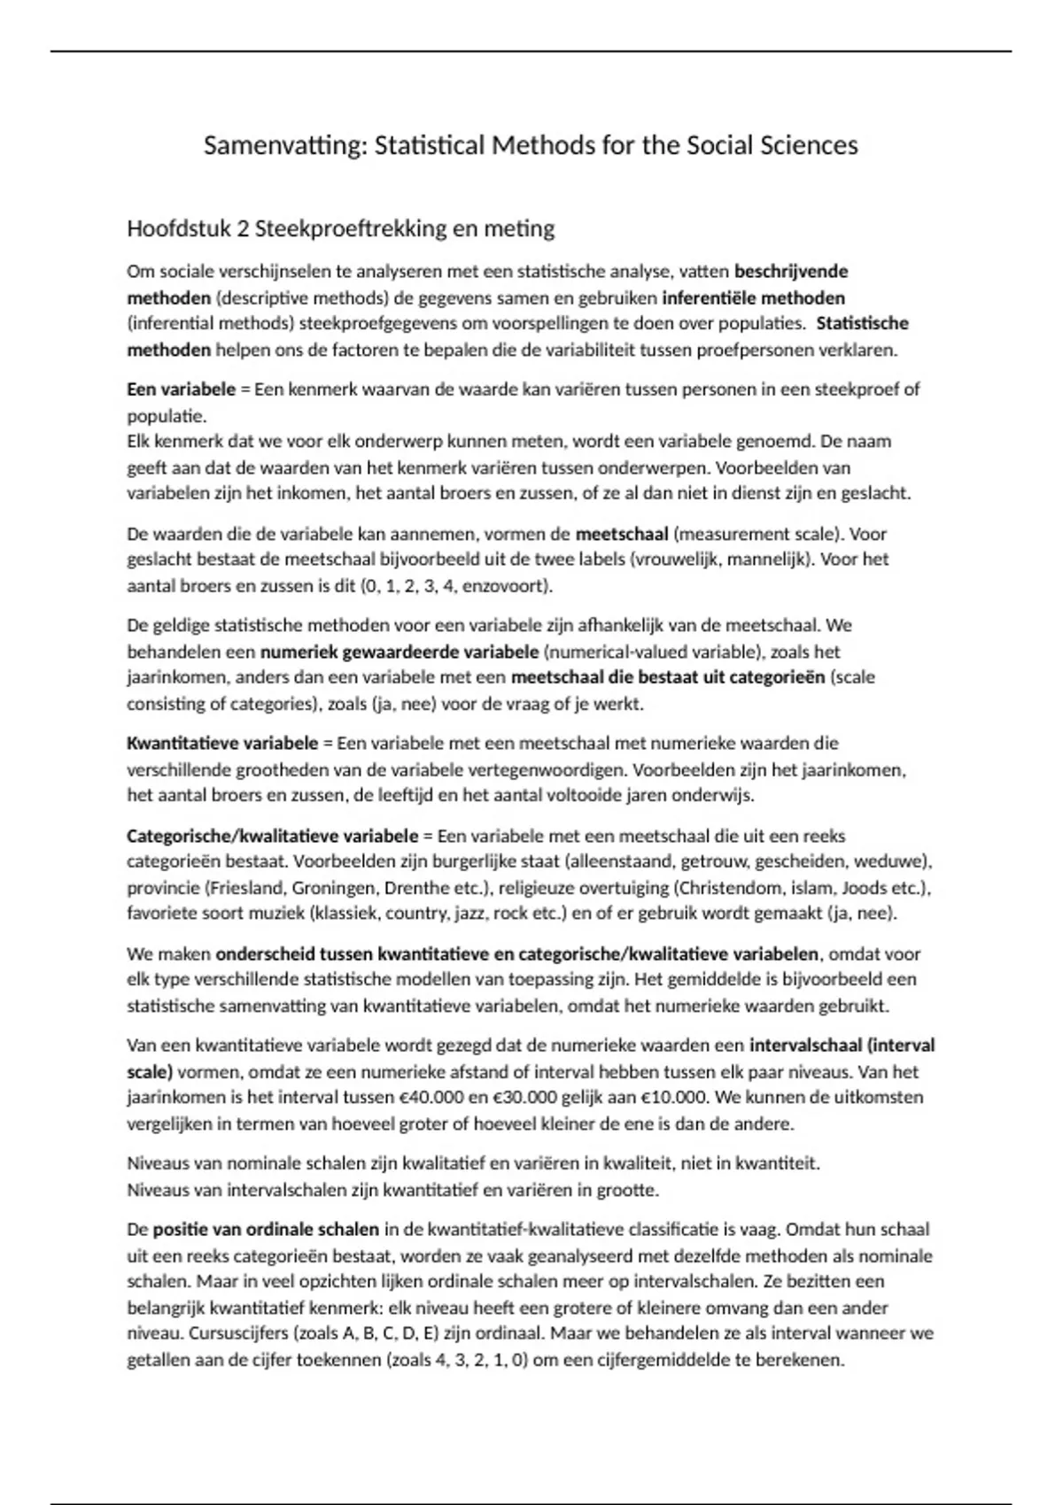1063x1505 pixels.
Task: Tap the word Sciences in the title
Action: point(809,145)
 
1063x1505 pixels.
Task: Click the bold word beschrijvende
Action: point(791,271)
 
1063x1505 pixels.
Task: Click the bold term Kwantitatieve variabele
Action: point(221,743)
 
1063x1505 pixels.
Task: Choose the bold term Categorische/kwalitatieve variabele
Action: point(272,836)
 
